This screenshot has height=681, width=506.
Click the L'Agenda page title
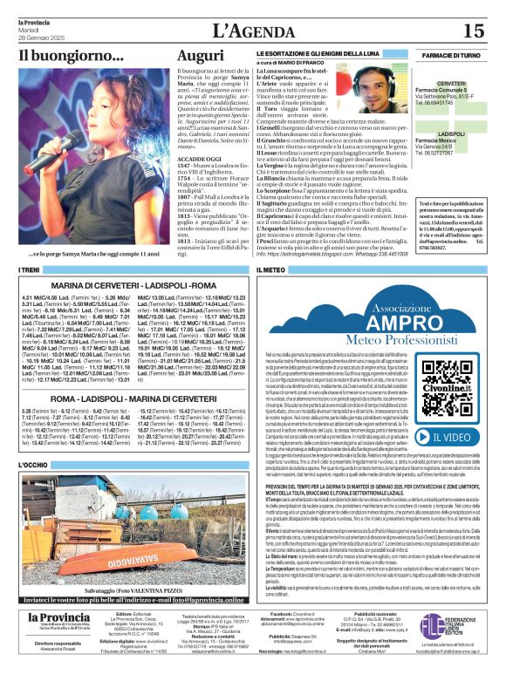(x=252, y=31)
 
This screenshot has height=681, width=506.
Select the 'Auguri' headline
(x=201, y=56)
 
